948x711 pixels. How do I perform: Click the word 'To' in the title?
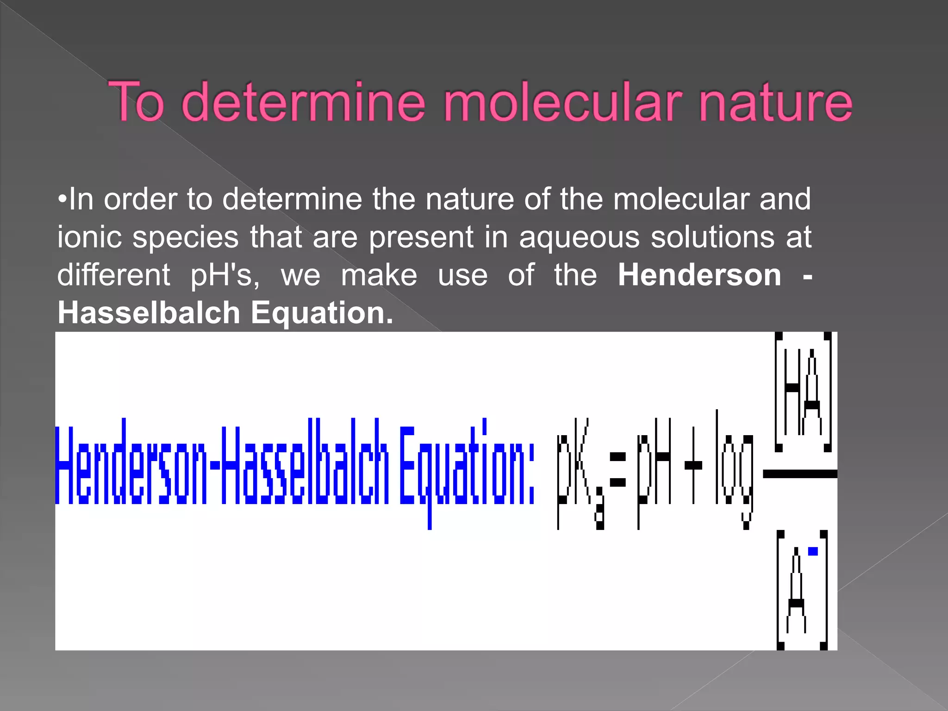(136, 102)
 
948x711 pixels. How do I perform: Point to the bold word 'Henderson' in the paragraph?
(699, 275)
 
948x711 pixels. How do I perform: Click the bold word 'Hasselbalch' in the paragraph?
(149, 313)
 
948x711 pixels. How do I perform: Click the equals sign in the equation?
(618, 469)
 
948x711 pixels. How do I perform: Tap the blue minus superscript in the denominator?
(813, 551)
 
